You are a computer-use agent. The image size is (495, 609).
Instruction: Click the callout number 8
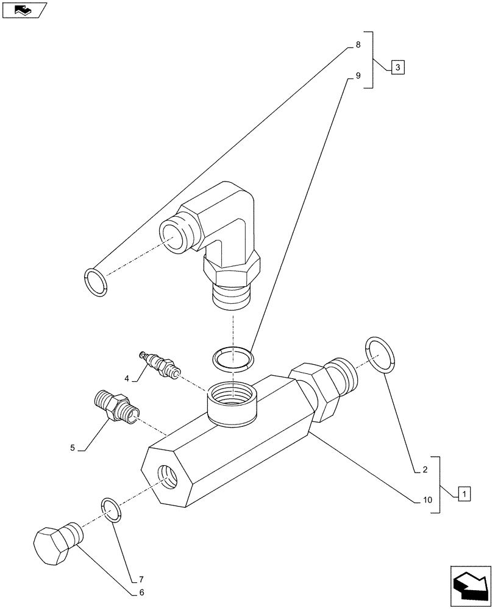coord(358,45)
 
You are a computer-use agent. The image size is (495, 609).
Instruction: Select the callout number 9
coord(358,76)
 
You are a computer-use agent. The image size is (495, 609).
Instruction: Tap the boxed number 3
coord(396,67)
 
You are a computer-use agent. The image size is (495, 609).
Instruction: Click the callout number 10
coord(427,500)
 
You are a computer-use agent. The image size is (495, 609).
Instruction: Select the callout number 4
coord(127,378)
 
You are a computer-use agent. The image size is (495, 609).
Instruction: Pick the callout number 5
coord(73,448)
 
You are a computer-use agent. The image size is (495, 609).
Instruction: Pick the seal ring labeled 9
coord(232,358)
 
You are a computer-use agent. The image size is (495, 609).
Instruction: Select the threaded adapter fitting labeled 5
coord(116,406)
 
